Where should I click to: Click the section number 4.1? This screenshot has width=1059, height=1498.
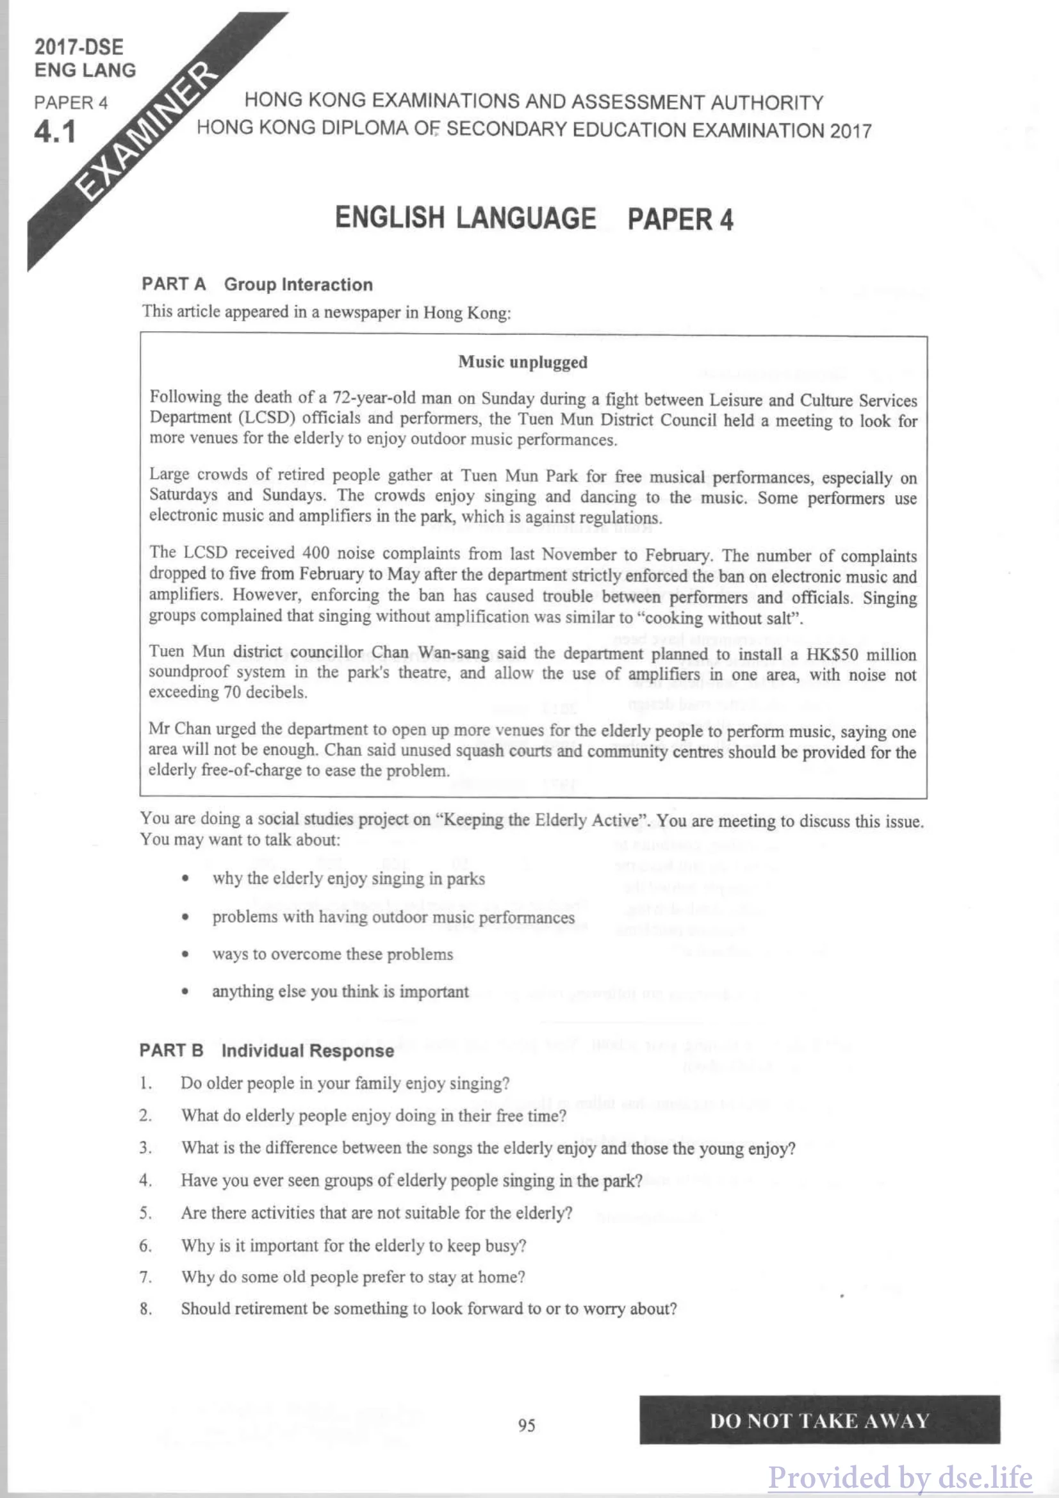(x=56, y=133)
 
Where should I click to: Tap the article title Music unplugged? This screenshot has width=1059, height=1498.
(x=522, y=362)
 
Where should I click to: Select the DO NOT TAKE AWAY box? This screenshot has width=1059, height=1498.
(x=819, y=1421)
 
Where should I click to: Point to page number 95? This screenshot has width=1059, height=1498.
(x=527, y=1426)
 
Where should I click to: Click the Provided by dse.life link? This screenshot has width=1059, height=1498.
(x=901, y=1477)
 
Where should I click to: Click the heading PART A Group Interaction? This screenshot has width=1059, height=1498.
(x=257, y=284)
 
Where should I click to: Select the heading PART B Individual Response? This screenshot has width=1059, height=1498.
(x=267, y=1051)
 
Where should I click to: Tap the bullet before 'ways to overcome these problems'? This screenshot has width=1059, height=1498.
(x=186, y=954)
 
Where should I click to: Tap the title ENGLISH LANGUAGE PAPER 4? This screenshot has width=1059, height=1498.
(x=534, y=218)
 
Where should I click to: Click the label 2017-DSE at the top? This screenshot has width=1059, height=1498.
(x=79, y=47)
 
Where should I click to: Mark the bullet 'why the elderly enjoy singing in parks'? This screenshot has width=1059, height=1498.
(x=348, y=879)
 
